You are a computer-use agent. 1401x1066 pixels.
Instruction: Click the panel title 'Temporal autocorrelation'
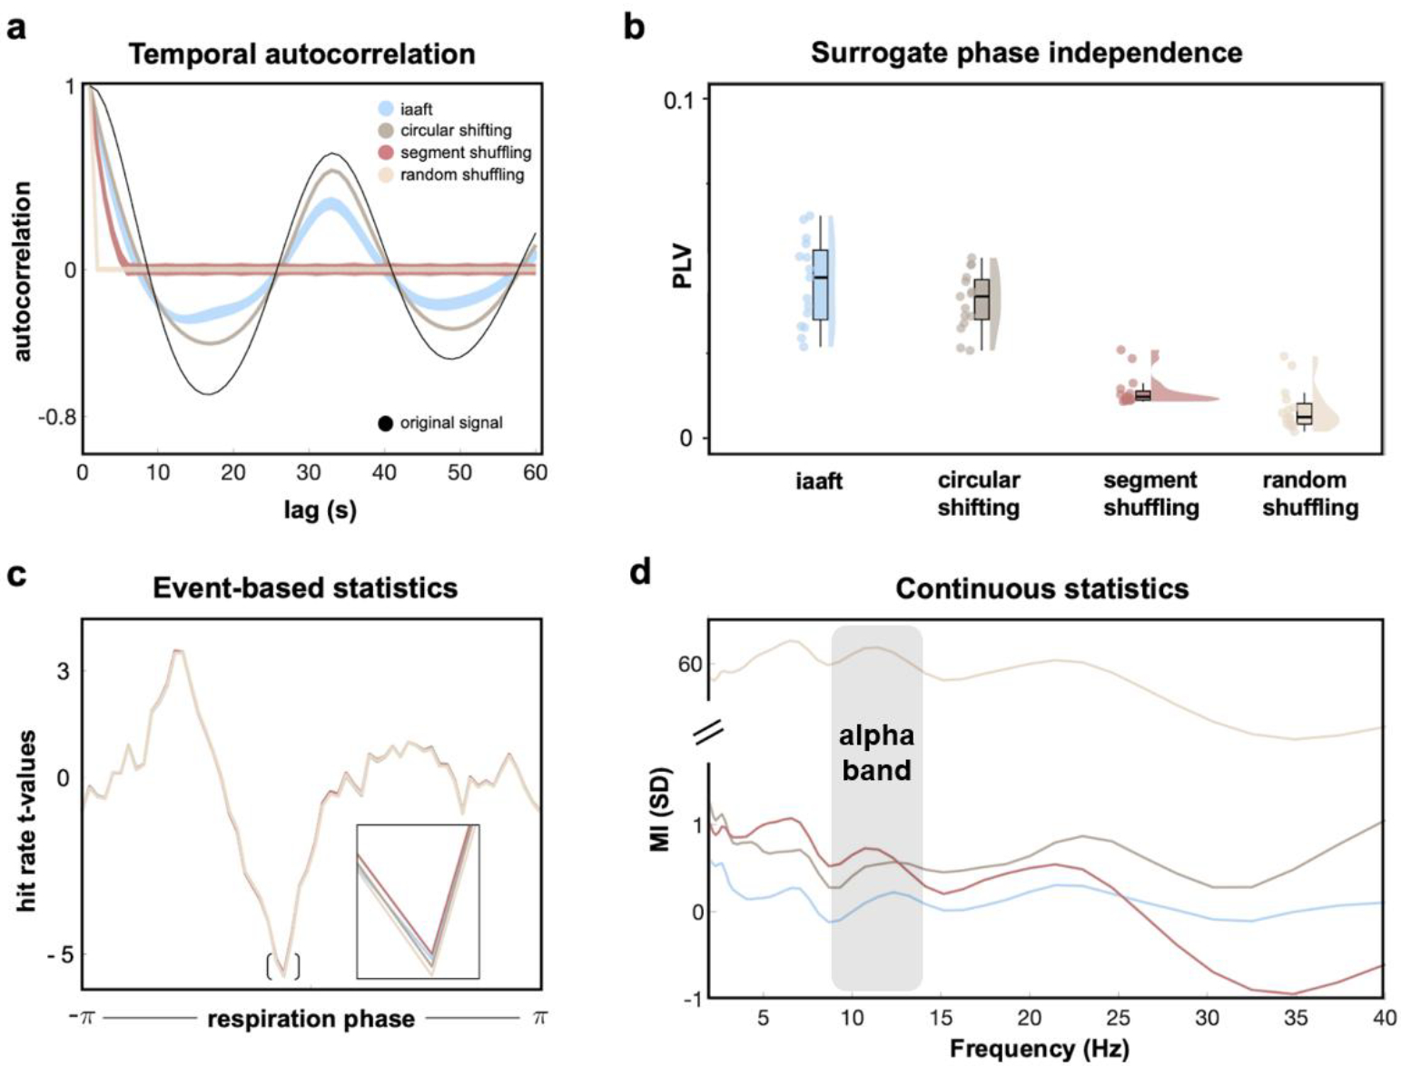301,54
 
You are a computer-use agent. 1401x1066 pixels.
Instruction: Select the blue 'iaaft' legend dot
386,109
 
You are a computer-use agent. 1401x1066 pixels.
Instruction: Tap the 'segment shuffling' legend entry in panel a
465,153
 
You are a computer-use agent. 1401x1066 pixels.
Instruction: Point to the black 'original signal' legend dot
386,423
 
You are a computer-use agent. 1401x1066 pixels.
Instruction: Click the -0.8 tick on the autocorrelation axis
56,418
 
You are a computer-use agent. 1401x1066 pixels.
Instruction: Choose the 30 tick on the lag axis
309,472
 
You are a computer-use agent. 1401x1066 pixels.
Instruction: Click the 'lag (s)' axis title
320,510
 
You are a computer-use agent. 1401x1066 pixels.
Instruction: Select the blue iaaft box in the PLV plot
821,284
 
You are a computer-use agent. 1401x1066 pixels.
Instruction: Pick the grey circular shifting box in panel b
982,300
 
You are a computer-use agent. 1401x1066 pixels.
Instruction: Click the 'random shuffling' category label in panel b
1309,494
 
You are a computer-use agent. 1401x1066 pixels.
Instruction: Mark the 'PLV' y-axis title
682,266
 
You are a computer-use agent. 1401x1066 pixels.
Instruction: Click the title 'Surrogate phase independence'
1026,53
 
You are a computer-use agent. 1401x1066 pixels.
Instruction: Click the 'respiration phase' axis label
311,1019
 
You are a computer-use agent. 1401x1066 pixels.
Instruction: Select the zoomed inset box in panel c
418,901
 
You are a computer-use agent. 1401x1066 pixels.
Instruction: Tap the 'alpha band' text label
875,753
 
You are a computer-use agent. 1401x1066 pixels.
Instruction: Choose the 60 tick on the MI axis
690,665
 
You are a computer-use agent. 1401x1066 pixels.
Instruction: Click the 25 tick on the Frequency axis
1118,1018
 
